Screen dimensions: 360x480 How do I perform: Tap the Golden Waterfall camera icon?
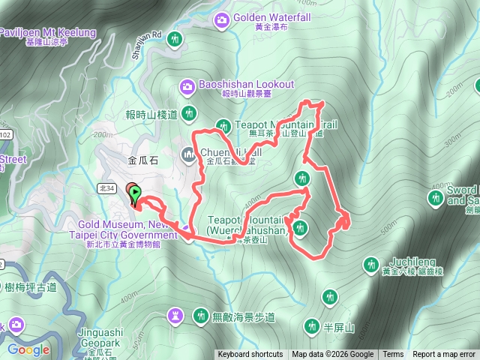[222, 18]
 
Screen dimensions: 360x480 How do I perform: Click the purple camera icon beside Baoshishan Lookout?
[187, 87]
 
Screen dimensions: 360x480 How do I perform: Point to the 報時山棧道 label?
[151, 115]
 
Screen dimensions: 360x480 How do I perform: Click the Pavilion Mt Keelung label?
[48, 32]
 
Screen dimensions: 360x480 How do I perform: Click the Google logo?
[28, 350]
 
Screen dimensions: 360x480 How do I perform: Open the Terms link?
[392, 355]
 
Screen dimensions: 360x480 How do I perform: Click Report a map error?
[444, 355]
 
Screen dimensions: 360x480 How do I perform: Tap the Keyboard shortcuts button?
[250, 355]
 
